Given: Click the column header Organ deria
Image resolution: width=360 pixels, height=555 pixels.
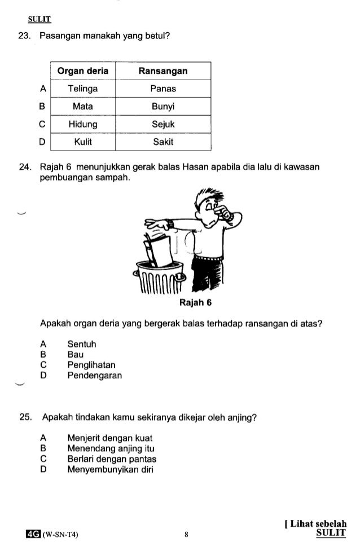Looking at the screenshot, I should pyautogui.click(x=82, y=71).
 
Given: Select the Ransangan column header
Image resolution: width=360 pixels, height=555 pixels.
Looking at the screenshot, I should pyautogui.click(x=163, y=71).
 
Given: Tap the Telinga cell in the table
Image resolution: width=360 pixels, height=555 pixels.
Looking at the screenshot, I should pyautogui.click(x=82, y=89).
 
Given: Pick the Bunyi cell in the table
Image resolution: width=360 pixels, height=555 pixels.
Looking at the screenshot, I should pyautogui.click(x=163, y=106).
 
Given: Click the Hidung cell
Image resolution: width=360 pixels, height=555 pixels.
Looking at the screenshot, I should pyautogui.click(x=82, y=124).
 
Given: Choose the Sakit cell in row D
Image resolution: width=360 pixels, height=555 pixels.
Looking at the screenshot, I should pyautogui.click(x=163, y=142).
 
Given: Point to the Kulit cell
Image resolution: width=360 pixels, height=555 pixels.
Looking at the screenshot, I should pyautogui.click(x=82, y=142).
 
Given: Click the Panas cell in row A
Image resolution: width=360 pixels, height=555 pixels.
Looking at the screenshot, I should pyautogui.click(x=163, y=89).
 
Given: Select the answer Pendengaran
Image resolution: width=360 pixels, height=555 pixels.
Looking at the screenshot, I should pyautogui.click(x=94, y=375).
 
